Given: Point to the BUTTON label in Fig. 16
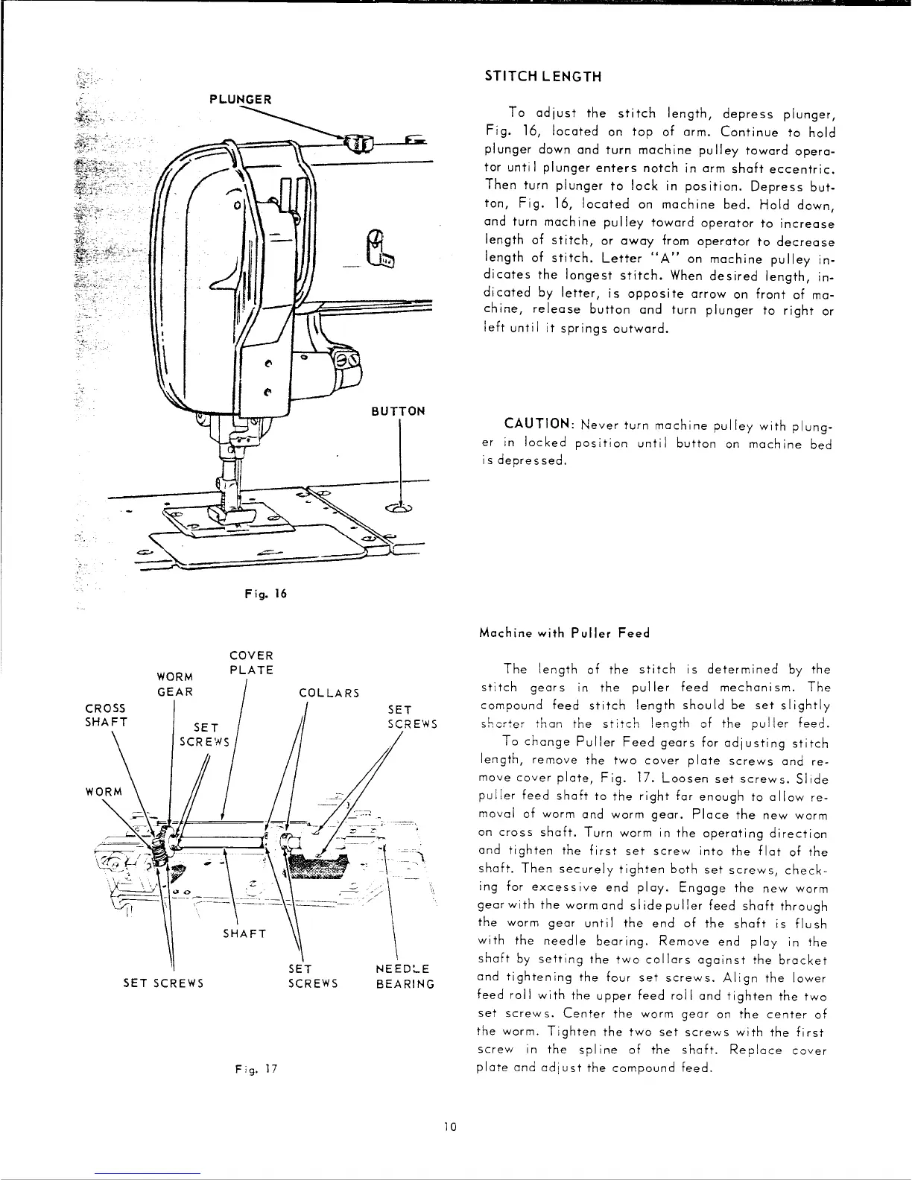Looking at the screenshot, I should (402, 411).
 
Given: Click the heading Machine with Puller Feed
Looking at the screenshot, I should (566, 633).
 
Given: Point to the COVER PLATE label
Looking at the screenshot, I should (251, 663).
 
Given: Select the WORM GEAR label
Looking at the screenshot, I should (176, 684).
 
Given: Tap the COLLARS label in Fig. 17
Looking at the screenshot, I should (329, 694).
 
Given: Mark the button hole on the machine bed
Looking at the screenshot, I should (401, 509).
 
